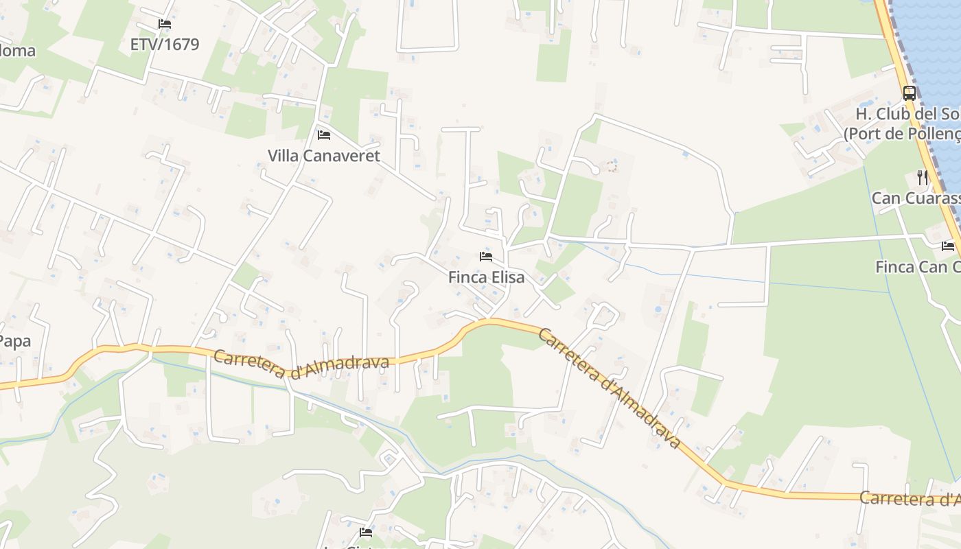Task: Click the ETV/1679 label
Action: point(165,45)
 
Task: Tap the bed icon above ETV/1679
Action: point(164,24)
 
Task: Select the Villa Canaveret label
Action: point(324,156)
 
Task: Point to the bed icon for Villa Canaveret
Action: point(324,135)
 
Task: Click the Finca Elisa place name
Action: point(486,277)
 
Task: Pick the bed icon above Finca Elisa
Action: point(486,257)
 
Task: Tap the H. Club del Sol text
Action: point(907,114)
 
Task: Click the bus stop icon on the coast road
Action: point(910,93)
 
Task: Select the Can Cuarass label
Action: point(916,198)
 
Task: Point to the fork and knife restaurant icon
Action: point(923,178)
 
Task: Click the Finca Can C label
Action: point(918,267)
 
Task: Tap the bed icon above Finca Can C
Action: point(948,246)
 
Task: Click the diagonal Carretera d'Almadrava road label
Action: point(609,388)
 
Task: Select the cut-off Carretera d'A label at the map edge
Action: point(910,499)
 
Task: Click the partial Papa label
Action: point(15,341)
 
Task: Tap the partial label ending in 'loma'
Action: point(17,51)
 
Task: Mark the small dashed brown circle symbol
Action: point(612,166)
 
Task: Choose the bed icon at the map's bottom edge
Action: point(365,532)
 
